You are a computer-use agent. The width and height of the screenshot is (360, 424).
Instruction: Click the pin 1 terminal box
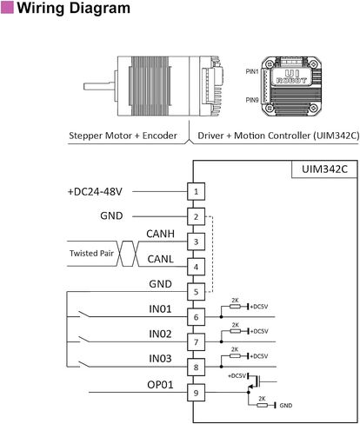click(196, 191)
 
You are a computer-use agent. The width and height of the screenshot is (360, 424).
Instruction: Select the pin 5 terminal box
click(196, 292)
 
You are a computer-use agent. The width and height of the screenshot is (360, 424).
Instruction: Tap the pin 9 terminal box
click(196, 393)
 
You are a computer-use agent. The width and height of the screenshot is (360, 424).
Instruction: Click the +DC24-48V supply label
click(95, 192)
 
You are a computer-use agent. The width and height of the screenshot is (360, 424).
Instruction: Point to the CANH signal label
click(160, 234)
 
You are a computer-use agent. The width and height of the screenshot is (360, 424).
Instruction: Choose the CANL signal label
click(160, 259)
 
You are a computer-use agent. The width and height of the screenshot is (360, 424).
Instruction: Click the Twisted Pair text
click(91, 253)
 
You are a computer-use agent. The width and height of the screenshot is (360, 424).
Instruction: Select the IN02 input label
click(160, 334)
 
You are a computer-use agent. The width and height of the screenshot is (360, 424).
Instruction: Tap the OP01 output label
click(160, 385)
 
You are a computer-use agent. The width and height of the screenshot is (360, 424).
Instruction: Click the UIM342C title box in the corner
click(324, 169)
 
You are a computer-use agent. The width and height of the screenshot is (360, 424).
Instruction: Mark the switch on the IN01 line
click(83, 315)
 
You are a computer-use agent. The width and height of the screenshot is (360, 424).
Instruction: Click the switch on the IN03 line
click(83, 364)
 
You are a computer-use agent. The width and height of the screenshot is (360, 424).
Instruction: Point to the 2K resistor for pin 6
click(235, 307)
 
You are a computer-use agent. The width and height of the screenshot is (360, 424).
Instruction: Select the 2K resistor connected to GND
click(262, 405)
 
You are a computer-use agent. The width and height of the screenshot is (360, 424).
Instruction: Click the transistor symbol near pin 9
click(255, 381)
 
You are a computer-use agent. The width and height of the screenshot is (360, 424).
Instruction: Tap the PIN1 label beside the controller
click(252, 71)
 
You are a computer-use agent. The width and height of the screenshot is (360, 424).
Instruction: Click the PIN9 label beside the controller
click(252, 100)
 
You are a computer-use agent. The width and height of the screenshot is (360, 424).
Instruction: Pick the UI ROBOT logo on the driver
click(291, 77)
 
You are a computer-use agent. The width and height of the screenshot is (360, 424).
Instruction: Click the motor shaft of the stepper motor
click(99, 86)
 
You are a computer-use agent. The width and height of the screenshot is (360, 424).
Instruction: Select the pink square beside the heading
click(7, 7)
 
